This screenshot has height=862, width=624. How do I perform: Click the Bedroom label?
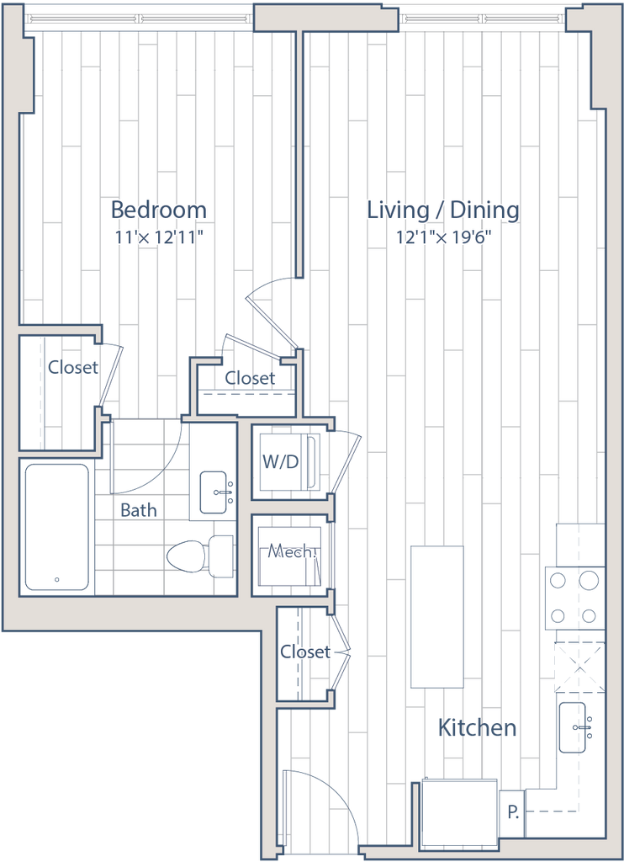(x=160, y=210)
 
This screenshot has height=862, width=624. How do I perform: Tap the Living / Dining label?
(x=443, y=210)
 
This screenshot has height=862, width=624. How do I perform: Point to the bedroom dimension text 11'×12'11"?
(x=160, y=237)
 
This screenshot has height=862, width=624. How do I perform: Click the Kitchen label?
(x=477, y=728)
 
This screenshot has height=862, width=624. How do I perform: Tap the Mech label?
(x=290, y=552)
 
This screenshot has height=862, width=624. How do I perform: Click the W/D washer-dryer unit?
(x=288, y=461)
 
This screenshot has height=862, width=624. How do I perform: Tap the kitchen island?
(x=436, y=616)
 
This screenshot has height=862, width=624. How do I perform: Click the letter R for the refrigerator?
(x=512, y=812)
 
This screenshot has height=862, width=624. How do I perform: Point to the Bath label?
(x=139, y=509)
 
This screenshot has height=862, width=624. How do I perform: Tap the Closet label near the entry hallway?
(x=304, y=652)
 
